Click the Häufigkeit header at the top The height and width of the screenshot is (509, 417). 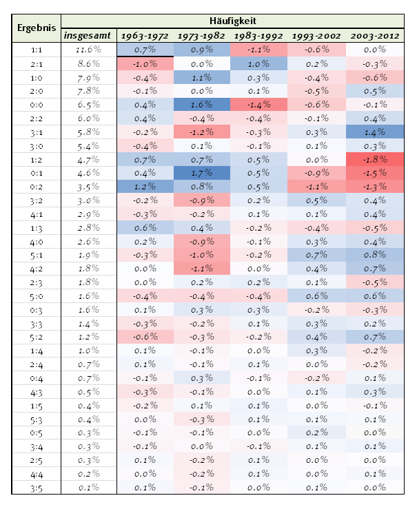232,21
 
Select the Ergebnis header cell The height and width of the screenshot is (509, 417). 37,28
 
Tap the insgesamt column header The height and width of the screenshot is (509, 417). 87,35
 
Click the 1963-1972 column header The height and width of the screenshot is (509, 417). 145,36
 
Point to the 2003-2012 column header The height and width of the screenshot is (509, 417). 375,36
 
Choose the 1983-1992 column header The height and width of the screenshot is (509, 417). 258,36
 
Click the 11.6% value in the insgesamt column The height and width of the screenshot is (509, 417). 88,50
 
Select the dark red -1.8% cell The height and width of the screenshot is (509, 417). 375,159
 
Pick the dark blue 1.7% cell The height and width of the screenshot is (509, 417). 202,173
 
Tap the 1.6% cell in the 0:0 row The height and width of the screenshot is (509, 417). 202,105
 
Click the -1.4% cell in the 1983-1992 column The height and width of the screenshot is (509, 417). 259,105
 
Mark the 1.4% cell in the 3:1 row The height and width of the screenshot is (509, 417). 375,132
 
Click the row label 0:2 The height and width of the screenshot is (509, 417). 37,187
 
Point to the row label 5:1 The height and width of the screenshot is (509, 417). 37,256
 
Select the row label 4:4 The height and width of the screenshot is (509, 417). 37,475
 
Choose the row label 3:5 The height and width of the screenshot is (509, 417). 37,488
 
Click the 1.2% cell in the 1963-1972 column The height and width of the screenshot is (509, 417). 145,187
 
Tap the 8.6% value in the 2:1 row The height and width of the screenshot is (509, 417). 88,63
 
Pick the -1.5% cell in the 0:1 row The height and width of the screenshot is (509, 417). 375,173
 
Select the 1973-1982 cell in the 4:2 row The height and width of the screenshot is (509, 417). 202,269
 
